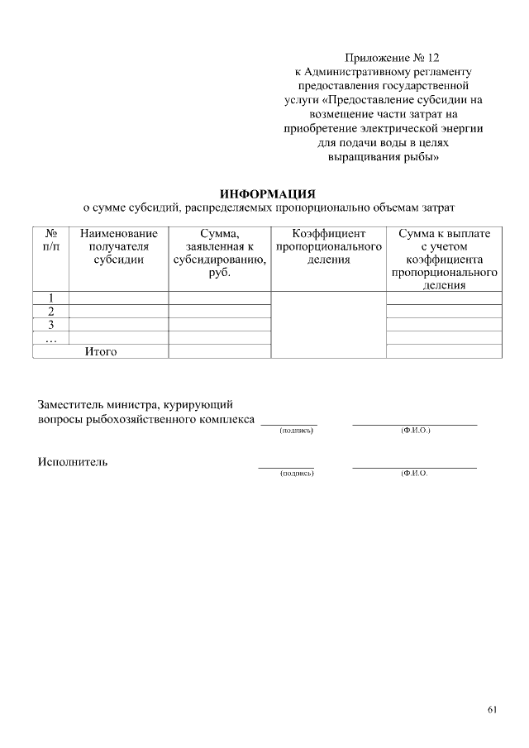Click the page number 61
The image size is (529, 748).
click(493, 709)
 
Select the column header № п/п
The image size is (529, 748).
click(50, 241)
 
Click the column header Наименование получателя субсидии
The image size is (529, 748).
click(118, 246)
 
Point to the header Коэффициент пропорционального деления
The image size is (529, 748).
click(328, 246)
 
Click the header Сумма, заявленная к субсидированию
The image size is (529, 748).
click(219, 253)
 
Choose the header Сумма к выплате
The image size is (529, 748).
click(444, 234)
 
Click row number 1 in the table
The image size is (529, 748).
click(50, 298)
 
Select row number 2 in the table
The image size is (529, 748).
click(50, 312)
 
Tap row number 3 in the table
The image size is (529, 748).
click(50, 325)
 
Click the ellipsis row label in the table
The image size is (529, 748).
click(50, 338)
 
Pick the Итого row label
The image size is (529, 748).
click(101, 352)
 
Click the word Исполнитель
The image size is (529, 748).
click(73, 462)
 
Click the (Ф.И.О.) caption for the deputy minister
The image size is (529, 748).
click(415, 431)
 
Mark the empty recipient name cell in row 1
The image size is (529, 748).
click(118, 298)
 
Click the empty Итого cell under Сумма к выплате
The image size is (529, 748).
click(444, 352)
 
